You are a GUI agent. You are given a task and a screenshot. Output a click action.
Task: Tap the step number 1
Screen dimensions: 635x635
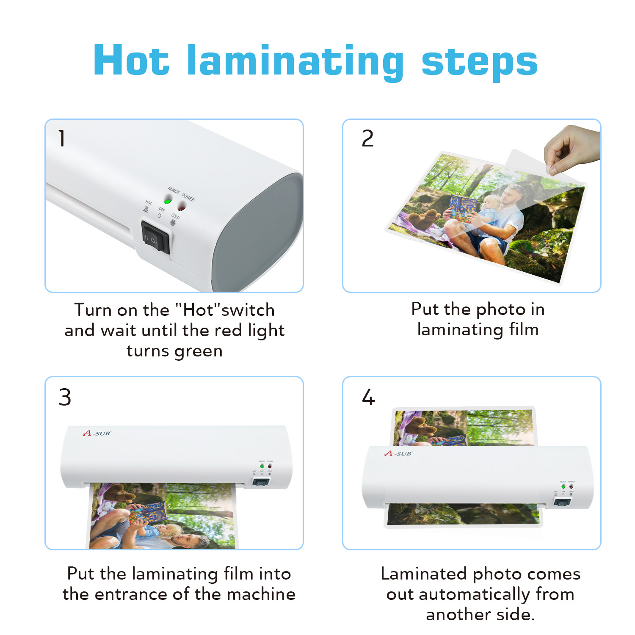[x=62, y=138]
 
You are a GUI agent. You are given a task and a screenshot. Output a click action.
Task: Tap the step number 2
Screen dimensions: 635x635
[x=367, y=138]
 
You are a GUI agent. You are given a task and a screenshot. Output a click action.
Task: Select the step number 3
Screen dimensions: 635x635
[x=65, y=397]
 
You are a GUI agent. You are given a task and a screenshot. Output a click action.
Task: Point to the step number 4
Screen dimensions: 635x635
[x=368, y=397]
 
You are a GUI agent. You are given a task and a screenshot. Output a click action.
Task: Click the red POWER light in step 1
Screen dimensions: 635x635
[x=182, y=206]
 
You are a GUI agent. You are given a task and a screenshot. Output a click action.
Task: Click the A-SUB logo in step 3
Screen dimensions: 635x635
[x=97, y=433]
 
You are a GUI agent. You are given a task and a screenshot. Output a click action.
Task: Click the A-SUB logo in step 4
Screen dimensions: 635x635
[x=398, y=453]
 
